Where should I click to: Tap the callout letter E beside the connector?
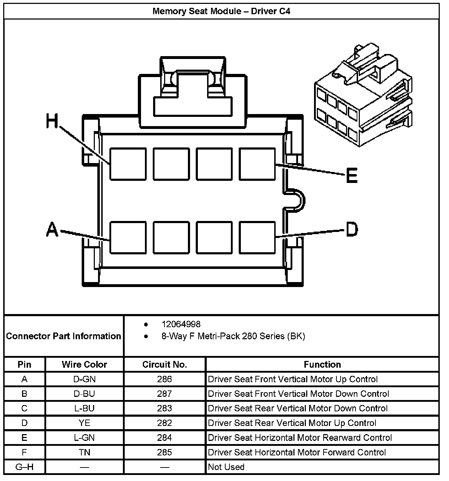point(352,175)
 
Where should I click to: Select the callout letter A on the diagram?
point(52,229)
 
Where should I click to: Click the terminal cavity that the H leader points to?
point(128,164)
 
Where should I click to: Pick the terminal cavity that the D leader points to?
point(257,238)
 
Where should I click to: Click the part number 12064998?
point(181,324)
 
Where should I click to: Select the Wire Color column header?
point(84,364)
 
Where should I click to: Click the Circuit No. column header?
point(164,364)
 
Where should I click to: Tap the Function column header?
point(322,364)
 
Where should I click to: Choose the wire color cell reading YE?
point(84,423)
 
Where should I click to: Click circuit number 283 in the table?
point(164,409)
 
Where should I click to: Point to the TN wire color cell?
point(84,452)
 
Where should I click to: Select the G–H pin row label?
point(25,467)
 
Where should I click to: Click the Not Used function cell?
point(226,467)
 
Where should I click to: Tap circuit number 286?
point(164,379)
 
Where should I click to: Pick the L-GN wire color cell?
point(84,438)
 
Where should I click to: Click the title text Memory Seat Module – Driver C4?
point(221,11)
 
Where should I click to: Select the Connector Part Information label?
point(64,336)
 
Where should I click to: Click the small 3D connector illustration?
point(363,96)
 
